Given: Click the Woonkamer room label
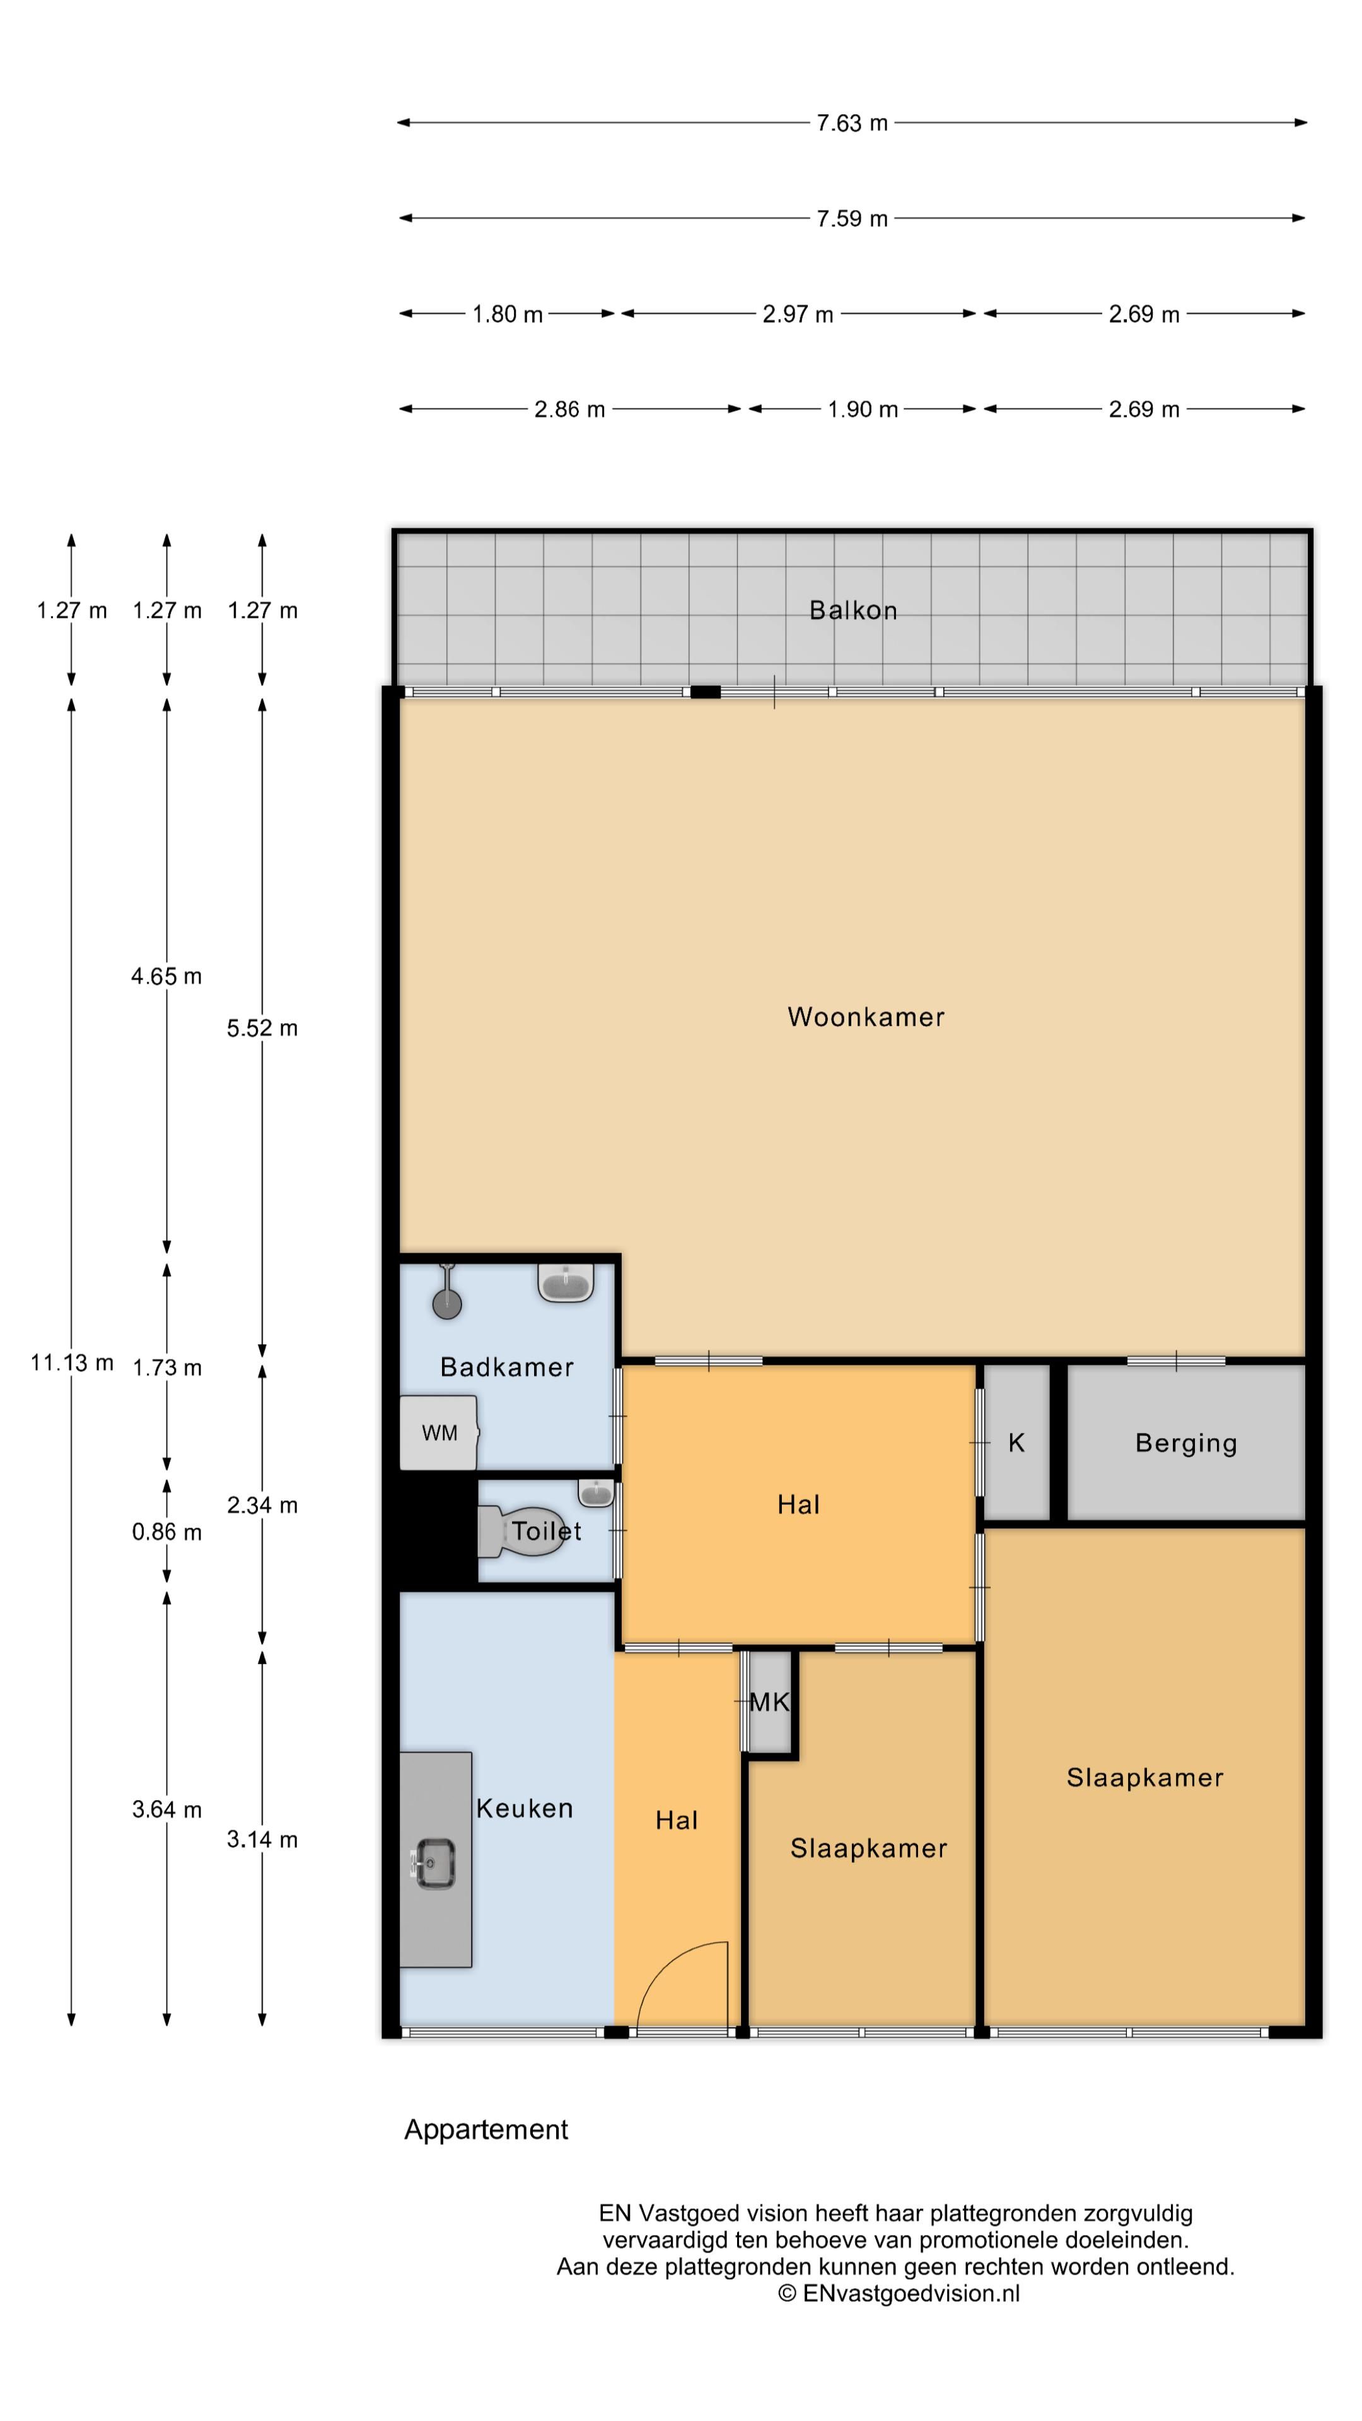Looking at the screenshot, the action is (x=866, y=1017).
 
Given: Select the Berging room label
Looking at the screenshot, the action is (x=1186, y=1444).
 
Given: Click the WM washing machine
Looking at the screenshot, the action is (x=439, y=1432).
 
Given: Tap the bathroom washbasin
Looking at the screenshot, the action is (x=566, y=1282).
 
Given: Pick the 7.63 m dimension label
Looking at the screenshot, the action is (x=852, y=123).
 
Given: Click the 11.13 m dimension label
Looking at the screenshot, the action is (x=71, y=1362).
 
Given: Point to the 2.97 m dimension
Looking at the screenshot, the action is (x=798, y=314).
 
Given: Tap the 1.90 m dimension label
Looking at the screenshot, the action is (x=863, y=410).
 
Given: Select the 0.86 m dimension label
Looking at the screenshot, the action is (x=166, y=1532).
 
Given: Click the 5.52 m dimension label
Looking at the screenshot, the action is (x=262, y=1028).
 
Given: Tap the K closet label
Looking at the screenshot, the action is (x=1016, y=1443).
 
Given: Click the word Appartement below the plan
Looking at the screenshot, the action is (x=486, y=2130).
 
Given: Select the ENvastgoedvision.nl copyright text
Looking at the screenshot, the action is (x=899, y=2294).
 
